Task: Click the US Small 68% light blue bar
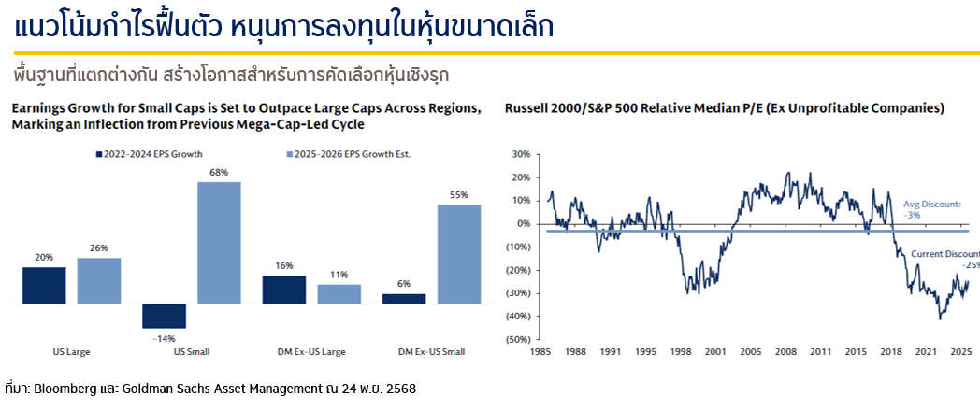tap(219, 243)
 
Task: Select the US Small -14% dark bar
tap(165, 316)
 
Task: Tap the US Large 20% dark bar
tap(45, 286)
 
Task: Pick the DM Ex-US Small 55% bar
tap(458, 254)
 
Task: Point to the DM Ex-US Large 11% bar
tap(339, 294)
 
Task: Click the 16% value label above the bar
tap(284, 265)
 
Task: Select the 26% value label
tap(99, 247)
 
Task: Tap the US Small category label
tap(191, 352)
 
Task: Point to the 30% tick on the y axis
tap(521, 154)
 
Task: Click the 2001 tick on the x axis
tap(715, 352)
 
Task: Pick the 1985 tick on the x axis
tap(540, 352)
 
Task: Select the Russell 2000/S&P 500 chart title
tap(724, 108)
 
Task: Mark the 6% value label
tap(404, 284)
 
